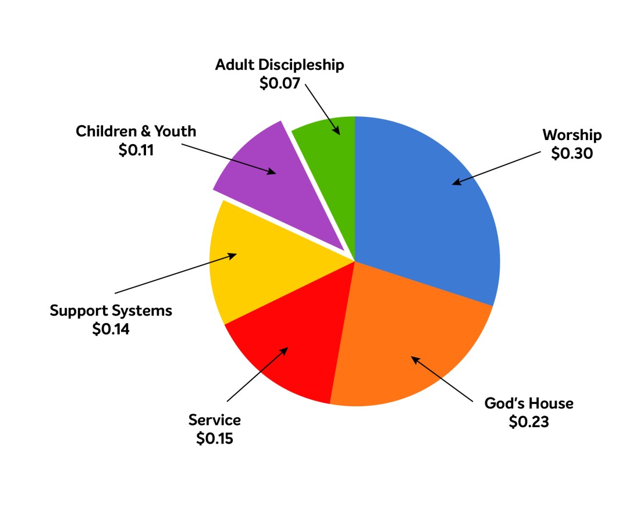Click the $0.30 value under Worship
pyautogui.click(x=572, y=155)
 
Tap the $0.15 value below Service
pyautogui.click(x=214, y=438)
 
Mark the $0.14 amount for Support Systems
pyautogui.click(x=111, y=329)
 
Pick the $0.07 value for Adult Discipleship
pyautogui.click(x=279, y=83)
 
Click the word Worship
pyautogui.click(x=572, y=135)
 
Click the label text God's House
pyautogui.click(x=529, y=403)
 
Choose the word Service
pyautogui.click(x=214, y=420)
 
